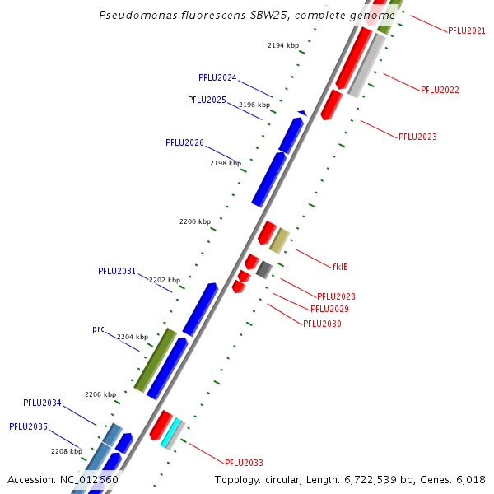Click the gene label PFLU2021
(466, 30)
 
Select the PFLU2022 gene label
(440, 90)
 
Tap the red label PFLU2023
(417, 137)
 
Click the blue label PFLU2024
(217, 77)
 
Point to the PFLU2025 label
(207, 100)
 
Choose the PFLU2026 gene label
(184, 142)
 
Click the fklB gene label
(340, 267)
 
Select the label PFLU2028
(336, 296)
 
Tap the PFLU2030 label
(322, 324)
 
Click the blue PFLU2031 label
(117, 271)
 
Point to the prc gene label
(98, 329)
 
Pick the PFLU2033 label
(244, 463)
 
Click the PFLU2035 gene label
(28, 426)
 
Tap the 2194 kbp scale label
(283, 45)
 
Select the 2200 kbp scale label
(195, 222)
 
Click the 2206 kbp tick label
(100, 394)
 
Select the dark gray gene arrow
(263, 269)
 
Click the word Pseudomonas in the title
(132, 16)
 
